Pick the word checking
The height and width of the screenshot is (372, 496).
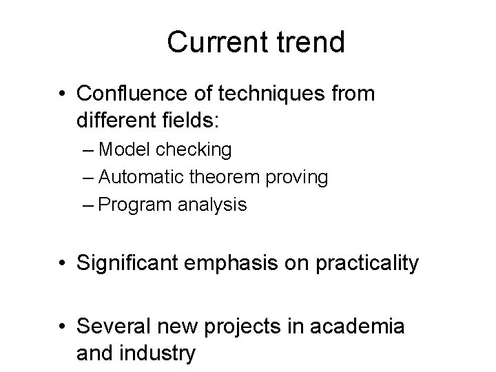(x=198, y=149)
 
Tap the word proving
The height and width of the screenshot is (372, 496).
(x=299, y=178)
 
